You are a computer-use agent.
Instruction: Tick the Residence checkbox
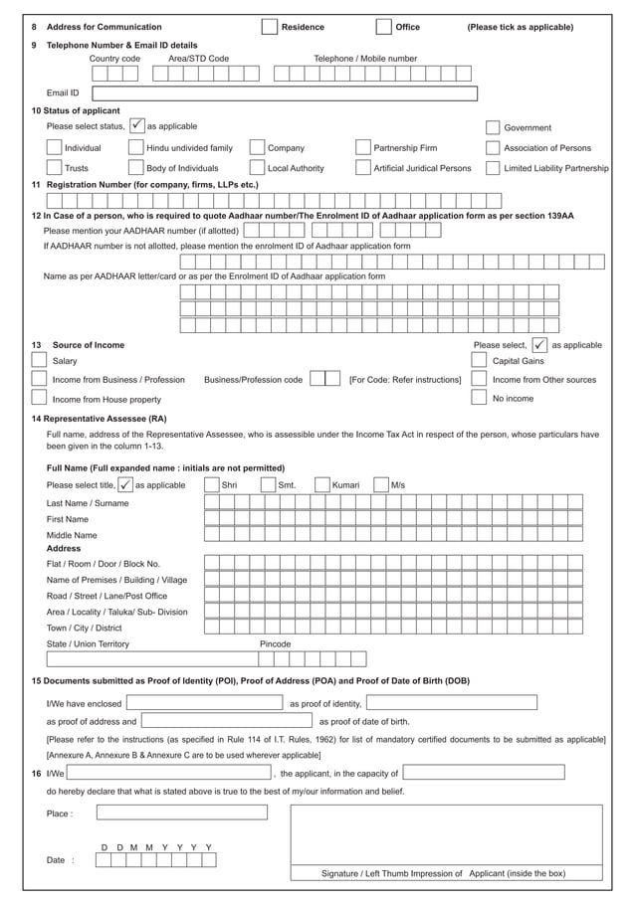tap(269, 27)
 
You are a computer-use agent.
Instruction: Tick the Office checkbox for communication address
tap(383, 27)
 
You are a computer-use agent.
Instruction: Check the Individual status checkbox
tap(55, 148)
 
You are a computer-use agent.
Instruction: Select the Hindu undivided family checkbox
tap(136, 148)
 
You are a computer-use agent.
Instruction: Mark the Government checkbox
tap(493, 127)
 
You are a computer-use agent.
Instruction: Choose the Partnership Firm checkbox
tap(363, 148)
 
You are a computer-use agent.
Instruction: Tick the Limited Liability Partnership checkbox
tap(493, 168)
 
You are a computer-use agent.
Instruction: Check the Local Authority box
tap(257, 168)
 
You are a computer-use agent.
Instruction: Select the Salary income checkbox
tap(39, 361)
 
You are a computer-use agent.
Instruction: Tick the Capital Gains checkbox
tap(479, 361)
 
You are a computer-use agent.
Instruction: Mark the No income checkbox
tap(479, 398)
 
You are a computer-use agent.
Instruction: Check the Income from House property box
tap(39, 399)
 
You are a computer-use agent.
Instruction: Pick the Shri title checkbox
tap(211, 484)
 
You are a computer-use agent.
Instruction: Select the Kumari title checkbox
tap(321, 484)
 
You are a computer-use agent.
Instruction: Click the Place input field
tap(182, 813)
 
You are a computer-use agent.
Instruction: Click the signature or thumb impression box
tap(446, 835)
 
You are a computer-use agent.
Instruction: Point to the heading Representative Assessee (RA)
tap(106, 419)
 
